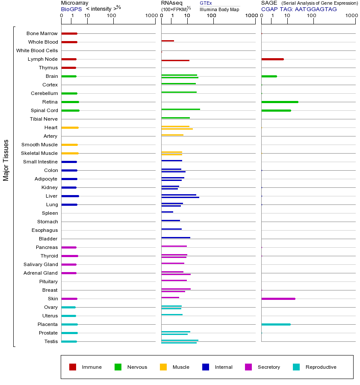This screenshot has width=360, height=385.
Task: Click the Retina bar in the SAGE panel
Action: point(280,102)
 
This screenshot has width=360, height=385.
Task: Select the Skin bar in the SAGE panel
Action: point(278,299)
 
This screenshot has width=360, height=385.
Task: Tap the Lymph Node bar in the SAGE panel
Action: point(272,59)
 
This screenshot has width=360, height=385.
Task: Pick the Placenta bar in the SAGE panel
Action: point(276,324)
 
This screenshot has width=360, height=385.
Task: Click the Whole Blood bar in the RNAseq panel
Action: point(168,41)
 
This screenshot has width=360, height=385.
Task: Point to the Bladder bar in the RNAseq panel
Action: point(176,237)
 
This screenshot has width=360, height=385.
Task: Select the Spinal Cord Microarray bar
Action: point(70,110)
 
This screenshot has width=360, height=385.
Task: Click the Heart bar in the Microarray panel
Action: point(70,127)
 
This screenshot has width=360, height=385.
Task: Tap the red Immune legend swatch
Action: point(73,367)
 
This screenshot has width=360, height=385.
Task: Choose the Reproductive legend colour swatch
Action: point(296,367)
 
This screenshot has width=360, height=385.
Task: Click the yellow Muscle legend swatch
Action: point(163,367)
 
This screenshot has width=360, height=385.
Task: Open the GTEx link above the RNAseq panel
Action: point(206,3)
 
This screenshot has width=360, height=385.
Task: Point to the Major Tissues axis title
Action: point(6,160)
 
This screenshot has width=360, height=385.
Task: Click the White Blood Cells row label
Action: point(37,50)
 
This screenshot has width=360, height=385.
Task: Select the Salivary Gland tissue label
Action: point(41,264)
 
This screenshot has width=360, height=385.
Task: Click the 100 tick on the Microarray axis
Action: point(112,16)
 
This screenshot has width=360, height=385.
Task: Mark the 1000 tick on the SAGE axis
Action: point(351,16)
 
